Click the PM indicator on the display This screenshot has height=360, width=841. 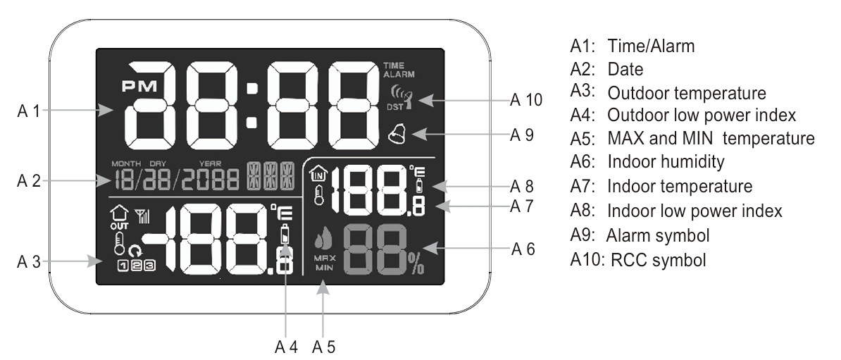139,86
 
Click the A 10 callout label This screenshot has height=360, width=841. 526,100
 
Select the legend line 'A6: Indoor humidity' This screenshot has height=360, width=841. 647,161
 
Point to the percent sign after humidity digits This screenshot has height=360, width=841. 416,263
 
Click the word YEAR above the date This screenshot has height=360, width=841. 210,163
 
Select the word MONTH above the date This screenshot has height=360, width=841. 127,163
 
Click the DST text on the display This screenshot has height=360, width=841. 394,107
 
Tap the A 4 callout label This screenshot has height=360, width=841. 286,347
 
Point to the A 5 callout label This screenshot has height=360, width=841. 323,347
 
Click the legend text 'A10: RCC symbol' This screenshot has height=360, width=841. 638,260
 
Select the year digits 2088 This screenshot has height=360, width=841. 210,180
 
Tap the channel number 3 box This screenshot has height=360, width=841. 149,264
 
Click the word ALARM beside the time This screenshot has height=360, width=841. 399,75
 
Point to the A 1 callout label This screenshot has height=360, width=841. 29,111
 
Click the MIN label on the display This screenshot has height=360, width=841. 325,268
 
